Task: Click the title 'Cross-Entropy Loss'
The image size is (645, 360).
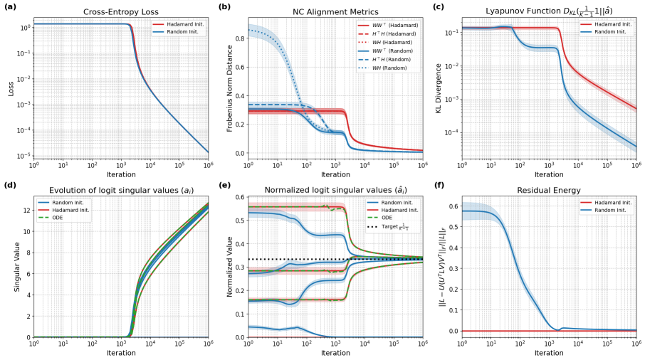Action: tap(121, 12)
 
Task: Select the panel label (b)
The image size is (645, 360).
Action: tap(224, 7)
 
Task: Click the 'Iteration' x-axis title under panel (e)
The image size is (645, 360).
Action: tap(335, 354)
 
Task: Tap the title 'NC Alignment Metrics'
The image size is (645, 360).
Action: tap(335, 12)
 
